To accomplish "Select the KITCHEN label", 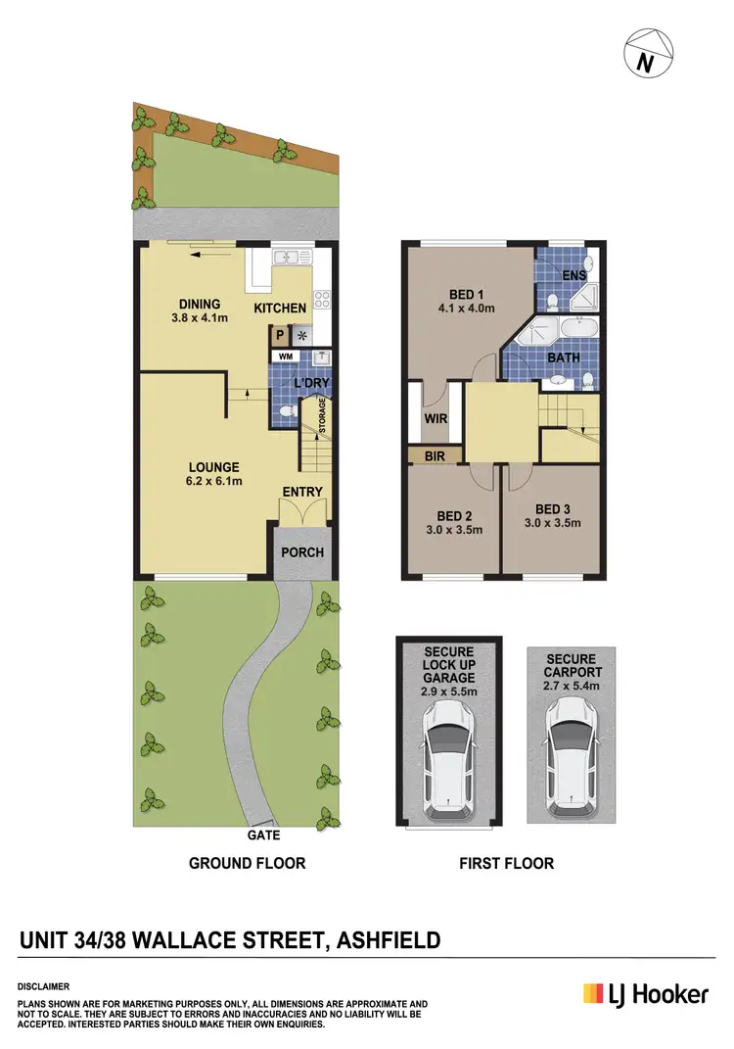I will pos(280,309).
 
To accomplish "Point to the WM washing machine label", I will pos(286,356).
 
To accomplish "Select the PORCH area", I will pos(301,551).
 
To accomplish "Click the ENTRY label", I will pos(302,491).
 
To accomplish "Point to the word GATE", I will pos(263,835).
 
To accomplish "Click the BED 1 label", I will pos(466,294).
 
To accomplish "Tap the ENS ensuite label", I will pos(573,275).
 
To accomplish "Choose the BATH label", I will pos(563,358).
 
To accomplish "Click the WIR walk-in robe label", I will pos(435,419).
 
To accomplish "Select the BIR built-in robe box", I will pos(435,455).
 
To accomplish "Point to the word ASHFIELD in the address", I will pos(388,941).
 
